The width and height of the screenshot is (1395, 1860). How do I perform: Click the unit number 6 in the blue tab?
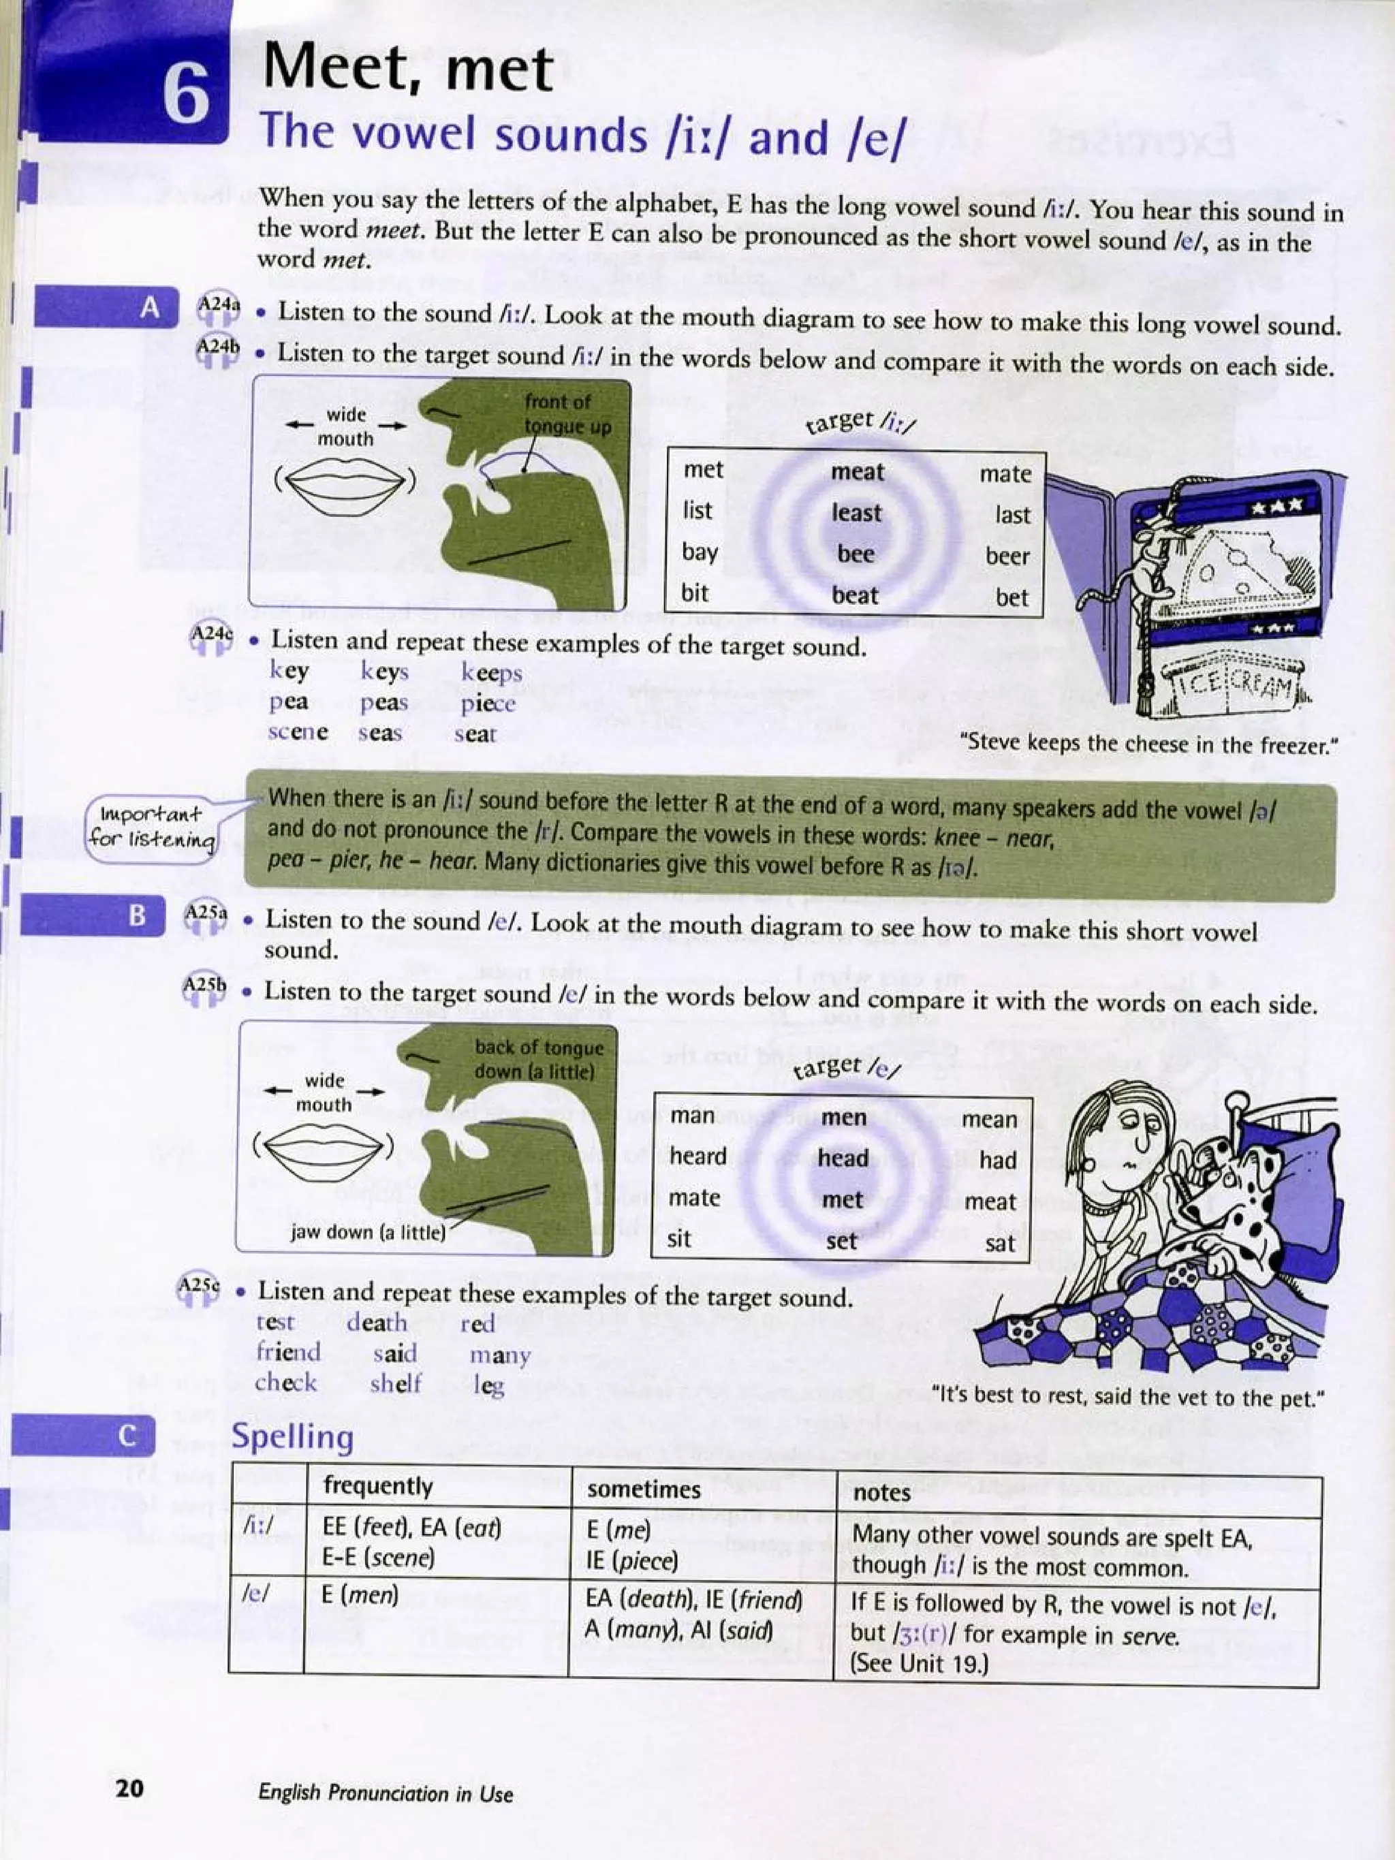(186, 94)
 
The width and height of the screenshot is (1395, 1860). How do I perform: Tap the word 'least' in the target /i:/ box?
(856, 512)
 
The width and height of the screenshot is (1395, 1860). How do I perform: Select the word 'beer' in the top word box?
(1007, 556)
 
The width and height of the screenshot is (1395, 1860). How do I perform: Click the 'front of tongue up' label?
(567, 413)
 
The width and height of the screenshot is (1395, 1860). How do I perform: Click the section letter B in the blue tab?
(137, 915)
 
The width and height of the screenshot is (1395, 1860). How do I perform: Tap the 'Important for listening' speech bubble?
(151, 827)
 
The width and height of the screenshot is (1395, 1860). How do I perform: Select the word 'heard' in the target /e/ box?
(698, 1156)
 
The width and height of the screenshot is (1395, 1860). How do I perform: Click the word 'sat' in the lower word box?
(1000, 1243)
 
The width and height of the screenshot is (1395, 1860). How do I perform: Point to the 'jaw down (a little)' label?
(367, 1232)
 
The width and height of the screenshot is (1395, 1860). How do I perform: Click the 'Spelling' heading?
(293, 1436)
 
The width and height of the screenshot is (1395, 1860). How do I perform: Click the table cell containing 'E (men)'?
(359, 1595)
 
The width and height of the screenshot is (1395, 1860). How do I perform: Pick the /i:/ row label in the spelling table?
(257, 1526)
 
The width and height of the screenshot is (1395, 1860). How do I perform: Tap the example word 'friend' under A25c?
(288, 1352)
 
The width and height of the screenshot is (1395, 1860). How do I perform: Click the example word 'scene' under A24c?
(298, 731)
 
